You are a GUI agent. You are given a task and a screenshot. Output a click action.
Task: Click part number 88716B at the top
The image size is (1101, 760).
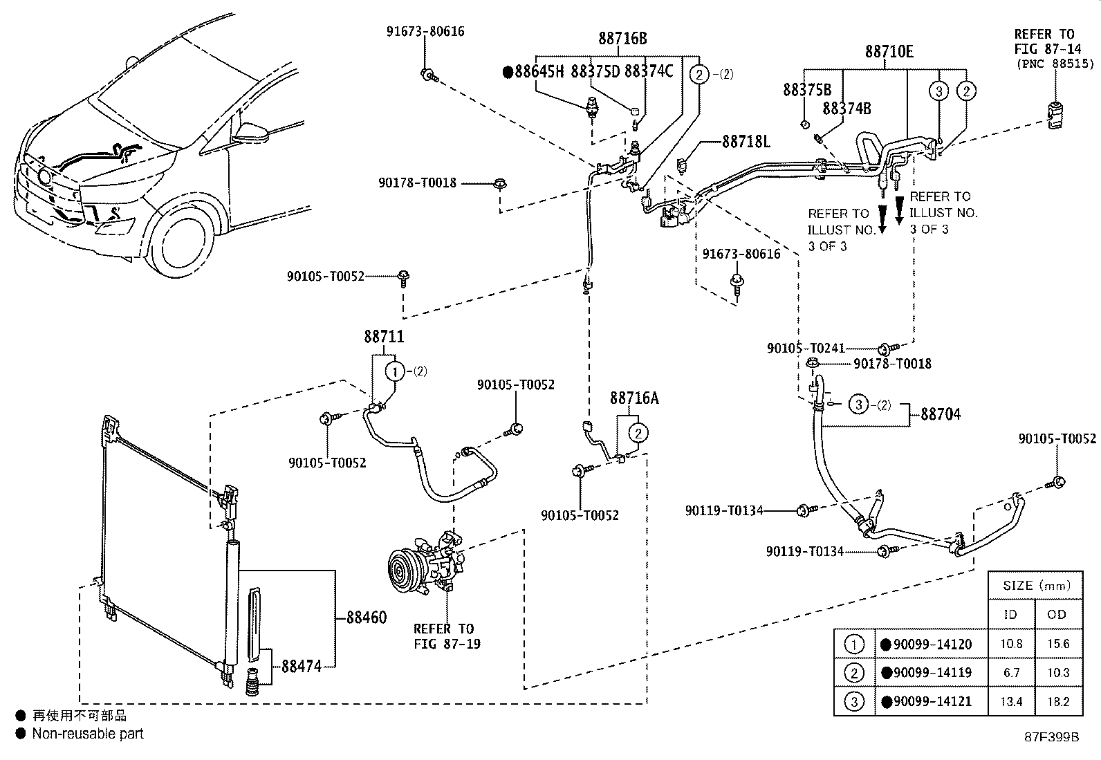point(622,38)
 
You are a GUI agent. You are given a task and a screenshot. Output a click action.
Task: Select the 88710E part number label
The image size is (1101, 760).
point(889,52)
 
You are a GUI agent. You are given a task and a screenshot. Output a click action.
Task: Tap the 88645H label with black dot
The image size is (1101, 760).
point(533,72)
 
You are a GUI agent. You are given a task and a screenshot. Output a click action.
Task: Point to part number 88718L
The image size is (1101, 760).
point(746,142)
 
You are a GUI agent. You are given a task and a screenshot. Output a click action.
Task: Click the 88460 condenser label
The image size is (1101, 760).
point(366,617)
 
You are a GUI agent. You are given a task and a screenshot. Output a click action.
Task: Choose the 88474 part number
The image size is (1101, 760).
point(302,667)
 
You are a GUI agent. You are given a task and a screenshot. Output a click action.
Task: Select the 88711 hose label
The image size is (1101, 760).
point(384,337)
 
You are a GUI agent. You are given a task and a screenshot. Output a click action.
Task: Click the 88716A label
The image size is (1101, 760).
point(634,398)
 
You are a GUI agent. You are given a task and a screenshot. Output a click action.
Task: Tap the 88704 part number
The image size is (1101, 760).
point(941,414)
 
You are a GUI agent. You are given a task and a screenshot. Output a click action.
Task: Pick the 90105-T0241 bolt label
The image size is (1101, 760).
point(806,348)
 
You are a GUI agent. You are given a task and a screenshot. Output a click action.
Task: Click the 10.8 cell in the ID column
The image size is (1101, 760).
point(1011,644)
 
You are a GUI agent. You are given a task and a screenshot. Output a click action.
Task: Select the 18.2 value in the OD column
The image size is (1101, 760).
point(1057,701)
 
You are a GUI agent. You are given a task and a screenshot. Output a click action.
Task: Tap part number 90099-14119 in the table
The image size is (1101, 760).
point(932,672)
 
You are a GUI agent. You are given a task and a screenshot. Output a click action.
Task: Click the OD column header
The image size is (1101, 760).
point(1056,615)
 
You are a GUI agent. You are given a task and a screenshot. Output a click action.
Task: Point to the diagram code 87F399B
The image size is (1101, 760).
point(1051,737)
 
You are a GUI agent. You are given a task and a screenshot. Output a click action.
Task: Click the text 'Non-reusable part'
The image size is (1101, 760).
point(88,734)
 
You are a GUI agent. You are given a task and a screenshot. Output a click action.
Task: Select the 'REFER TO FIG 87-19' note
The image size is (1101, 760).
point(447,636)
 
